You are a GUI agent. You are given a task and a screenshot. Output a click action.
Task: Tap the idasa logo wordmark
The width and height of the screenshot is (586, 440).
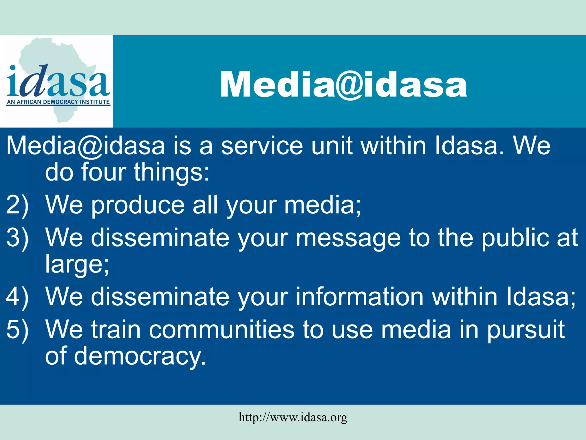point(58,82)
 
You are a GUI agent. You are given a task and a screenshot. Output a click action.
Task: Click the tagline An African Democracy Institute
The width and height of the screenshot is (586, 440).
point(58,102)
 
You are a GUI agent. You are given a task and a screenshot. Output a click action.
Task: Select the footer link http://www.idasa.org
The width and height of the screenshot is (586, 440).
point(293,417)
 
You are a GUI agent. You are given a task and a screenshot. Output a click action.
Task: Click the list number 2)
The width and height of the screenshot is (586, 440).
point(17,205)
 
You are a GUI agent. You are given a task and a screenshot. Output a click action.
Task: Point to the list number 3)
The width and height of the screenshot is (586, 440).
point(17,238)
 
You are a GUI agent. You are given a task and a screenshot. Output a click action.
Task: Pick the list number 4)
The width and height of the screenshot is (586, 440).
point(17,297)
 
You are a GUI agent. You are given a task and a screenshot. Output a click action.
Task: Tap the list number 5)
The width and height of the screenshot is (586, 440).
point(17,330)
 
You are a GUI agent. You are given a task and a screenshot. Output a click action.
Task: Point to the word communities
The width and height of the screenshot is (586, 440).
point(221,330)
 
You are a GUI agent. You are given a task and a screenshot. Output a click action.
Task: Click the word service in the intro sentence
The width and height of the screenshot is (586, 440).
point(262,146)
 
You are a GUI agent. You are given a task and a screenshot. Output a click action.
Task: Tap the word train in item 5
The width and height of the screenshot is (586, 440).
point(116,330)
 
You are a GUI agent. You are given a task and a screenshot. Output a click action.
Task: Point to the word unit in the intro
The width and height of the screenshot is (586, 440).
point(332,146)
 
